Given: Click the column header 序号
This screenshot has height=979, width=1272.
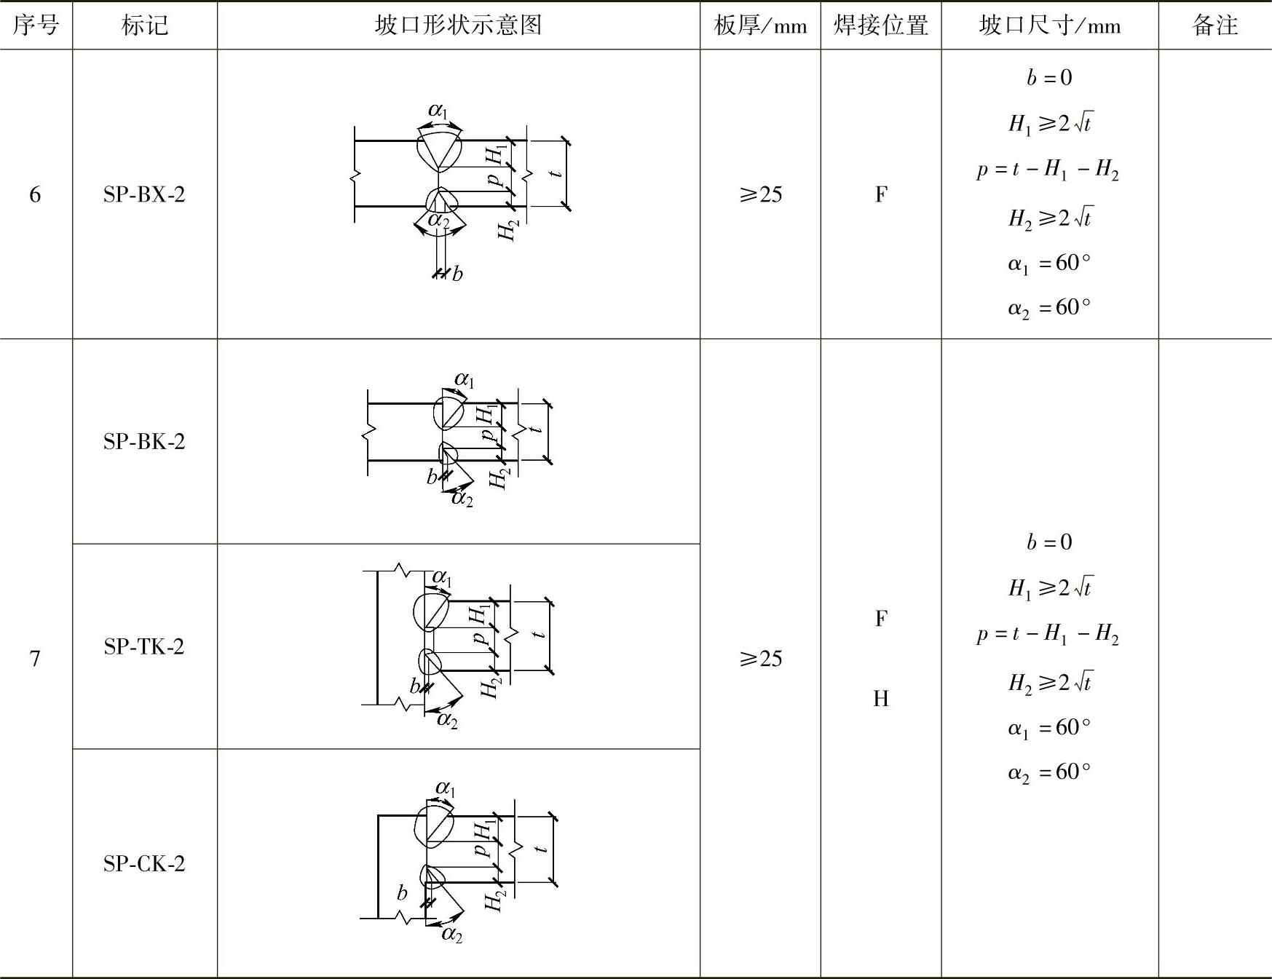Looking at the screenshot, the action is click(x=35, y=25).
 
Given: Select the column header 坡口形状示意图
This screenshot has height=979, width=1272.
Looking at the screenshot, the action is click(x=458, y=25).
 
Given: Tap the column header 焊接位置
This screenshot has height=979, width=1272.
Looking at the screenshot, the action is click(x=880, y=25).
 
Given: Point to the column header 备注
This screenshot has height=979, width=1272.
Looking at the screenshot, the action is click(x=1214, y=25).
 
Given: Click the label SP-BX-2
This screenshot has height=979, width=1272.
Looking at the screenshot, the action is click(x=144, y=194).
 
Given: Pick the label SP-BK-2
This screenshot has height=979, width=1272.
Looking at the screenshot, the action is click(x=144, y=441).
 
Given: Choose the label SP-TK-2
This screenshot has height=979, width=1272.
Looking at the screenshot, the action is click(x=144, y=646).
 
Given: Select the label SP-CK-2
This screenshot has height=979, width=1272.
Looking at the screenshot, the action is click(x=144, y=863).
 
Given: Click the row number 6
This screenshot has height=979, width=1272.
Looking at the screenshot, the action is click(x=35, y=194).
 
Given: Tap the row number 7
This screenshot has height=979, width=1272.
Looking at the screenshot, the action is click(x=35, y=659).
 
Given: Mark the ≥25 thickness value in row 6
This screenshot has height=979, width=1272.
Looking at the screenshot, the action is click(x=760, y=194).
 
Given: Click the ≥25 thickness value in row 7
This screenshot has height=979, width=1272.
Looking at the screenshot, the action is click(x=760, y=659).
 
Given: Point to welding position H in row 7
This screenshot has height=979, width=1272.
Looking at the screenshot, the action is click(x=880, y=699).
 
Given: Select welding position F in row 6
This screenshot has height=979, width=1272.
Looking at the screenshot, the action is click(x=880, y=194).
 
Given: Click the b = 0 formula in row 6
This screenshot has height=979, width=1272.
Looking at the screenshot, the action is click(x=1049, y=77).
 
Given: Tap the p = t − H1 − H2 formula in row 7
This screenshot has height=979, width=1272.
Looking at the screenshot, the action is click(x=1048, y=635).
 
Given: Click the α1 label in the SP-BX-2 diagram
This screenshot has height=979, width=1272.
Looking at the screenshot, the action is click(x=438, y=111).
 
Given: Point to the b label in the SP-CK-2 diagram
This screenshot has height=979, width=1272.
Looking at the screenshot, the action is click(x=402, y=893).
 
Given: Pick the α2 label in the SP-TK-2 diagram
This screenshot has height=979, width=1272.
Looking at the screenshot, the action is click(x=447, y=720).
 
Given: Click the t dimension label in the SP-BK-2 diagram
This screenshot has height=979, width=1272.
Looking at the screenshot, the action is click(x=537, y=429).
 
